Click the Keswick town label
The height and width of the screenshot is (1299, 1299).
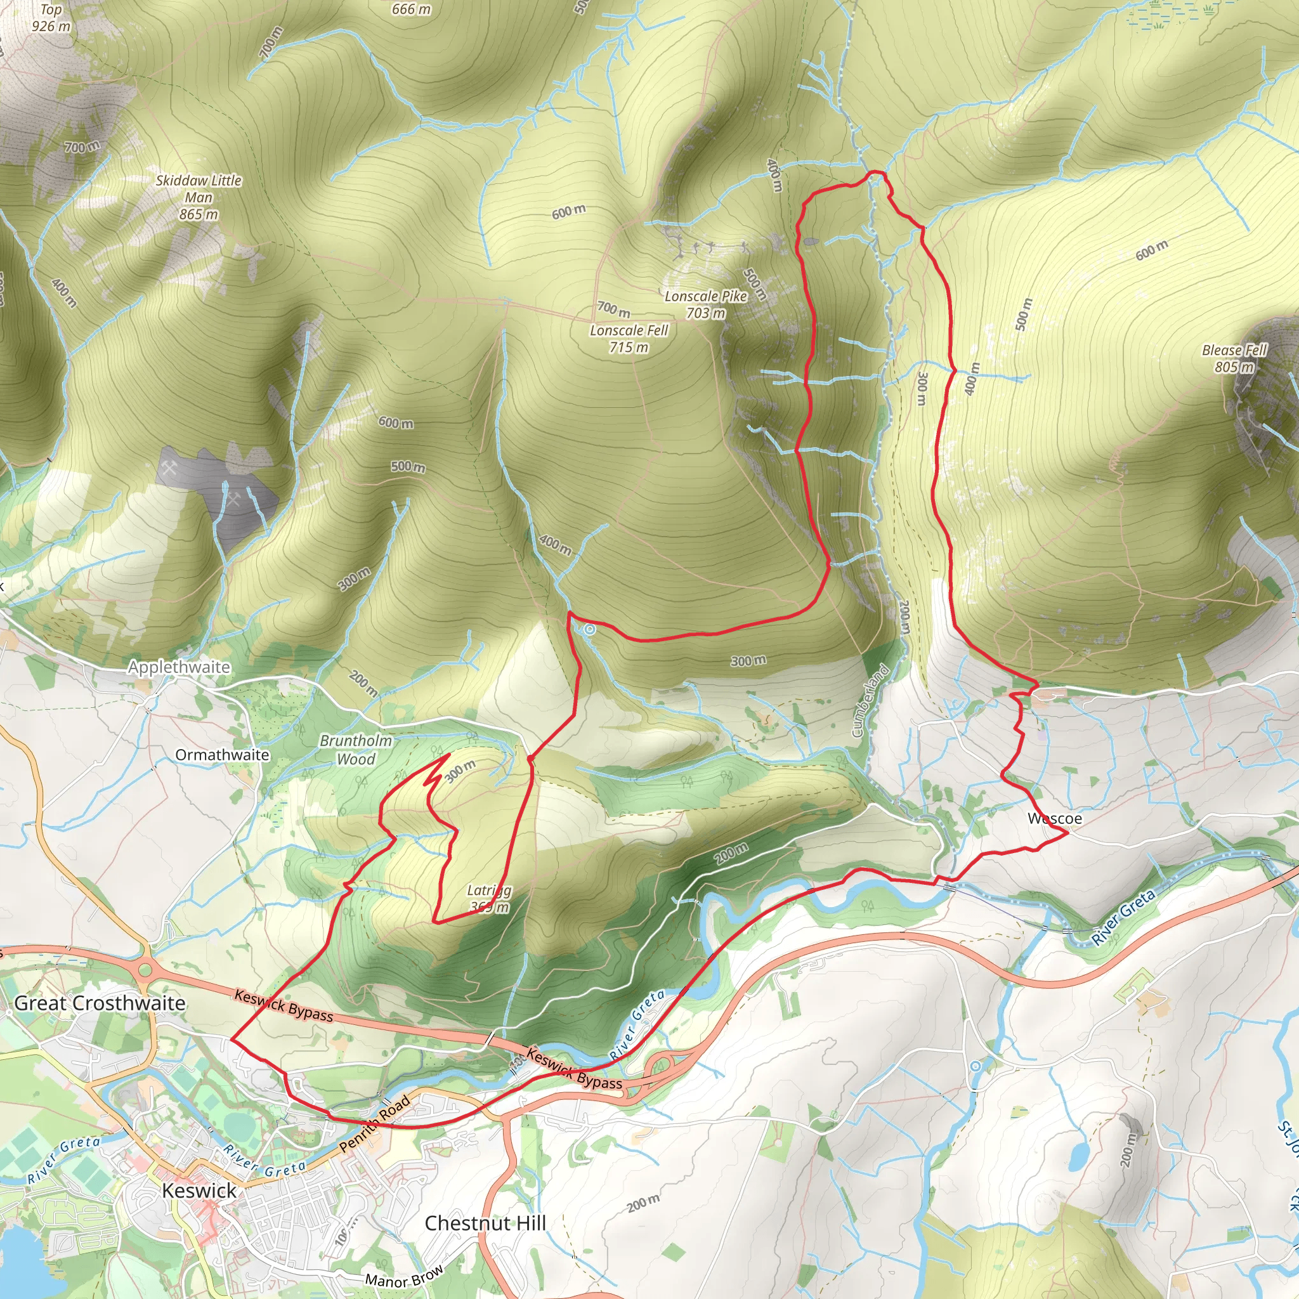(x=199, y=1191)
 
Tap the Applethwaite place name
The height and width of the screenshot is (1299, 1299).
(x=179, y=667)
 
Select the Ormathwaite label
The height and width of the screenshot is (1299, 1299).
(x=222, y=755)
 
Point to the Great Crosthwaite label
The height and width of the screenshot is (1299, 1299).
(x=100, y=1003)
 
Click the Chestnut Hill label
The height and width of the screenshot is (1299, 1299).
(x=485, y=1223)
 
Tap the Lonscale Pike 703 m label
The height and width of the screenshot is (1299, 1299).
(x=706, y=304)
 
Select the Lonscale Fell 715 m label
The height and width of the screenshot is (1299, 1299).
(x=629, y=339)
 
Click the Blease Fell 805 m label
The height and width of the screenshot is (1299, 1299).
(x=1234, y=358)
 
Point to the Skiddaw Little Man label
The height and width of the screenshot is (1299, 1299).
(x=199, y=197)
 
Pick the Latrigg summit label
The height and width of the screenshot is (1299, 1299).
(x=490, y=899)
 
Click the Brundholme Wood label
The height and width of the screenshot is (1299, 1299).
(x=356, y=750)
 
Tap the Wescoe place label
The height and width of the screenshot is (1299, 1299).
(x=1055, y=818)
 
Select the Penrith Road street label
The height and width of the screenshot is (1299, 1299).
(x=374, y=1123)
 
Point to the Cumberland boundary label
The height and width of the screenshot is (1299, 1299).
(x=871, y=701)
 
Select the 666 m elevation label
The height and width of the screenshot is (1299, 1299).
(x=411, y=9)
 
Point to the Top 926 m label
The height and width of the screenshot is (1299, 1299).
(x=51, y=18)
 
